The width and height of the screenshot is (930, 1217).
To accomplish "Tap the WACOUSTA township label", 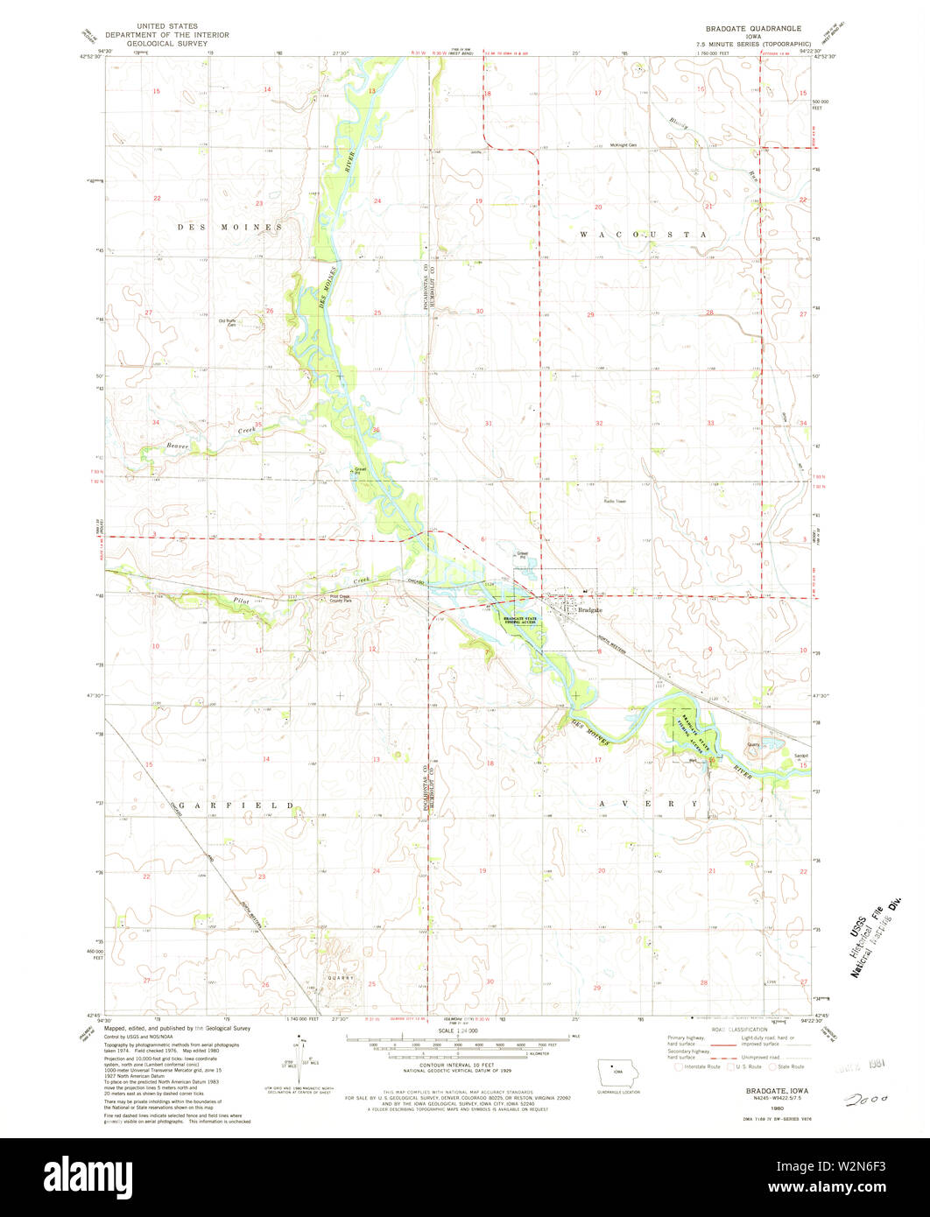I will (x=643, y=236).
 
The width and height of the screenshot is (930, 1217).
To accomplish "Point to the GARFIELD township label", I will (x=236, y=804).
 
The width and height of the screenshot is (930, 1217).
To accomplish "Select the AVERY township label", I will (x=649, y=804).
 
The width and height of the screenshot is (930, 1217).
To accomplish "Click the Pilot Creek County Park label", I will (x=340, y=600).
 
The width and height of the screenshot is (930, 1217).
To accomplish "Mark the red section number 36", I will (x=376, y=430).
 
